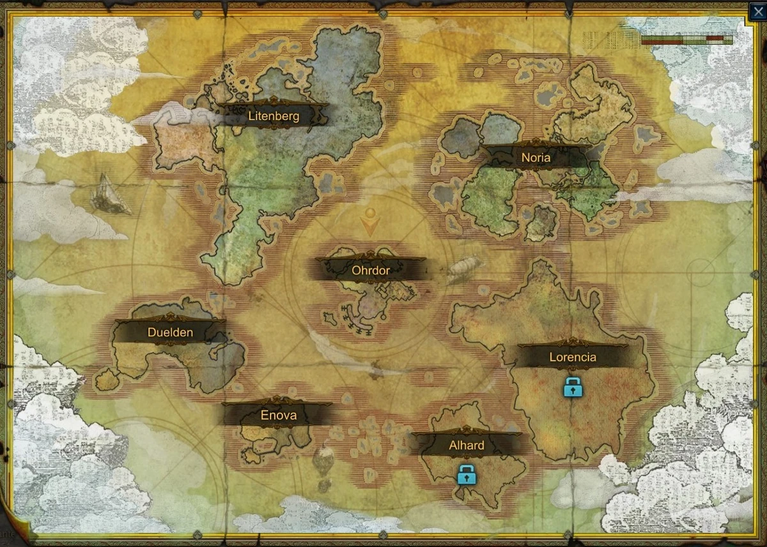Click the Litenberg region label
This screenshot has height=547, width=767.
pyautogui.click(x=273, y=116)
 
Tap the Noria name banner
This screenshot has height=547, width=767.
pyautogui.click(x=536, y=158)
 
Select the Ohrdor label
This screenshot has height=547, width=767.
pyautogui.click(x=371, y=270)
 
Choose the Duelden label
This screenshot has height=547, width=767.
pyautogui.click(x=170, y=332)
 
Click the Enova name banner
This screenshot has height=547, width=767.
pyautogui.click(x=278, y=415)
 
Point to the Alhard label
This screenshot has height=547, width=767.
pyautogui.click(x=466, y=446)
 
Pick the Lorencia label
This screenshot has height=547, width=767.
pyautogui.click(x=573, y=357)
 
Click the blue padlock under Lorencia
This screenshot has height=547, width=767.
pyautogui.click(x=573, y=386)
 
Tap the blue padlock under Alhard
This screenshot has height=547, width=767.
pyautogui.click(x=467, y=474)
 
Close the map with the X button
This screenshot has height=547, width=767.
pyautogui.click(x=757, y=10)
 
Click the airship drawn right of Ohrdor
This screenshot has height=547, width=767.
pyautogui.click(x=465, y=269)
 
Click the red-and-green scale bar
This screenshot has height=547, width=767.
pyautogui.click(x=686, y=40)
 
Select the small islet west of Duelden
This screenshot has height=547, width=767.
pyautogui.click(x=107, y=380)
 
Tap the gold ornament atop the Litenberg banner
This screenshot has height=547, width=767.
pyautogui.click(x=273, y=101)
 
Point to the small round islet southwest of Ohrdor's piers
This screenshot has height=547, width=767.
pyautogui.click(x=330, y=317)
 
